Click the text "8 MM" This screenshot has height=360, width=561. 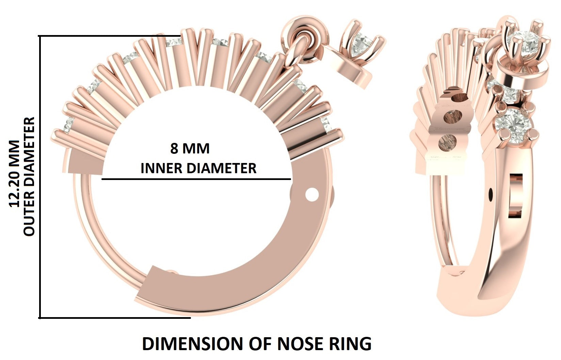[x=190, y=149]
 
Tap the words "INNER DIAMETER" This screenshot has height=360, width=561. [x=198, y=168]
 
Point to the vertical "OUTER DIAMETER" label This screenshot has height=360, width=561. [x=29, y=176]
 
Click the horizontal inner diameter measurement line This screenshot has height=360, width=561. [x=196, y=179]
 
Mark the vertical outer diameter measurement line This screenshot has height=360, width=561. [x=40, y=177]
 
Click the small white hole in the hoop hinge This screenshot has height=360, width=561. [x=312, y=195]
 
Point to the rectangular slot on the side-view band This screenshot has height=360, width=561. [x=515, y=195]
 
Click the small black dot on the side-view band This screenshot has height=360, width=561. [x=491, y=194]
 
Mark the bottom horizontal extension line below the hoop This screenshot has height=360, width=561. [x=115, y=318]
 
